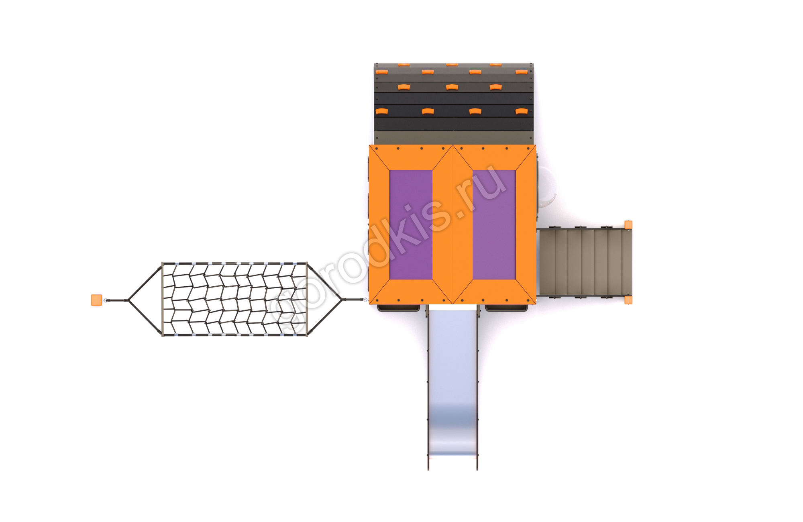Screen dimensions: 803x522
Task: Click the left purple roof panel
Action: [x=411, y=225]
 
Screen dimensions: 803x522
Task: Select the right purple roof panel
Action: [x=494, y=225]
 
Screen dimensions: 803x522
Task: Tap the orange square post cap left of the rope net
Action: [x=96, y=300]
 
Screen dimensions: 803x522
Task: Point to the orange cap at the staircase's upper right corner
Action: [x=628, y=225]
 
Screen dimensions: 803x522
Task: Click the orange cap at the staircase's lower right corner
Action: [x=628, y=300]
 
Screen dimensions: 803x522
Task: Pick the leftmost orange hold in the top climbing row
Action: [x=404, y=64]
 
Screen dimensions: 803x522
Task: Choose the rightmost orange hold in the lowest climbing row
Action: [x=521, y=111]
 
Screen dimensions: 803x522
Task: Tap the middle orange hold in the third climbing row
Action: [x=452, y=87]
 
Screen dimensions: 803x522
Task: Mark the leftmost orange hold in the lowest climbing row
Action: [x=382, y=111]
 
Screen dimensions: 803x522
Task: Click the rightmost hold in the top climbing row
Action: [x=495, y=64]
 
